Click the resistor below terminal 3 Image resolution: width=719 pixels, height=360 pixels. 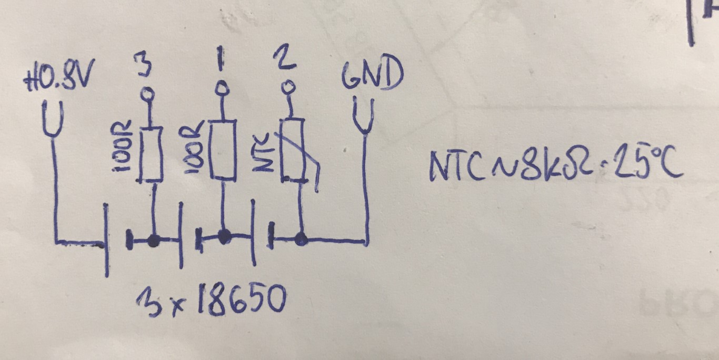(151, 154)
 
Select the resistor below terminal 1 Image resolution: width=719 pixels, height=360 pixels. (223, 149)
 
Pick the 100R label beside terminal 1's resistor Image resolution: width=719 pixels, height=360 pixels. (194, 147)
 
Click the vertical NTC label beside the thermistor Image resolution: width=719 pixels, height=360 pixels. (263, 153)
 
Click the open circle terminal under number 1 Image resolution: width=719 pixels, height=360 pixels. (221, 87)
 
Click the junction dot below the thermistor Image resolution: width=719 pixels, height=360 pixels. (301, 240)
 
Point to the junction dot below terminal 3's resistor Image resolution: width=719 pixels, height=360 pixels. (153, 241)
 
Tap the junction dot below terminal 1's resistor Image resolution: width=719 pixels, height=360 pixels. (224, 237)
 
